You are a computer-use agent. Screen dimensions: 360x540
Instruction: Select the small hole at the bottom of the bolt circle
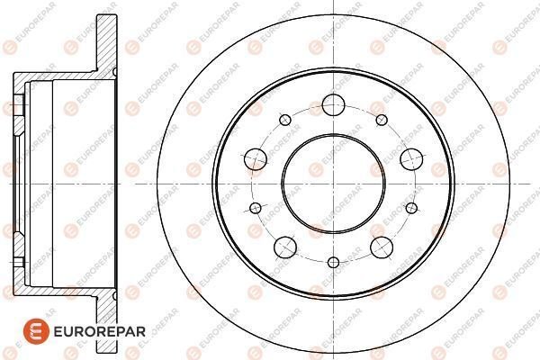pos(333,263)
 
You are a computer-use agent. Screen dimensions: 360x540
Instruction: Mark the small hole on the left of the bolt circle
pos(255,208)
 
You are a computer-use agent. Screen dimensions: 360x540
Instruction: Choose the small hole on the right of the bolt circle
pos(411,208)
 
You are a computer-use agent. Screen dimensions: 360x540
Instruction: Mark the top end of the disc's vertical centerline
pos(333,4)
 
